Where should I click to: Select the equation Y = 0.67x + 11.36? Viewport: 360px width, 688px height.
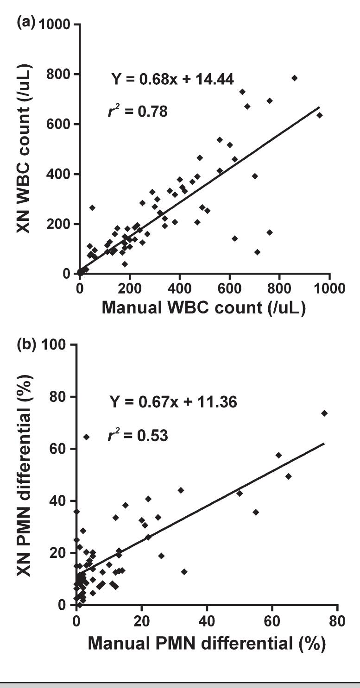[x=172, y=402]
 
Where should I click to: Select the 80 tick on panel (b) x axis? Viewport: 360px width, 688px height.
[x=338, y=619]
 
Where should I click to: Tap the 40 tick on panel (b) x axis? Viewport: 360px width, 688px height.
[x=207, y=619]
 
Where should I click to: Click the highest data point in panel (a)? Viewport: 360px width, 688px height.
[x=294, y=78]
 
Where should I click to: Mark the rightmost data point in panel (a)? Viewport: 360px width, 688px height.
[x=319, y=115]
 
